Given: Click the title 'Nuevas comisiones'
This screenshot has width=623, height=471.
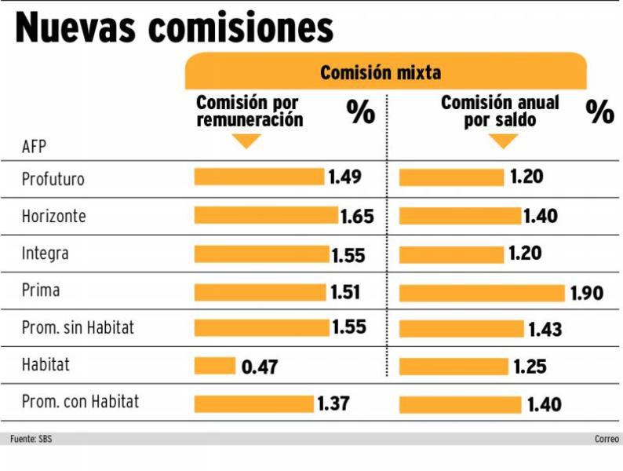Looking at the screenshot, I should coord(174,27).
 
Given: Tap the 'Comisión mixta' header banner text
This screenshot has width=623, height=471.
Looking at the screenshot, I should coord(380,73).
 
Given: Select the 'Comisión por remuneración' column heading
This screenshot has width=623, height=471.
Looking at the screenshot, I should coord(249,111).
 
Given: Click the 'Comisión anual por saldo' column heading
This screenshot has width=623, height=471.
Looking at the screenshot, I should coord(500,111).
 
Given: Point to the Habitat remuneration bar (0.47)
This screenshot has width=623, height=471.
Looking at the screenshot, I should coord(215,366).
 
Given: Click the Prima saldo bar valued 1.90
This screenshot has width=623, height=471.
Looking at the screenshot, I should coord(481,293).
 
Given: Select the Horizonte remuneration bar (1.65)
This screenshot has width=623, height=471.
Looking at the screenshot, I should coord(266,215).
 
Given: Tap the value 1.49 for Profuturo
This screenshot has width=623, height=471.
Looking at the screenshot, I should coord(345,177).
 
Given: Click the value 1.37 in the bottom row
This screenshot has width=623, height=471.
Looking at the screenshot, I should coord(333,404).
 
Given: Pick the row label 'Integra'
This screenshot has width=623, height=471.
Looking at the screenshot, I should coord(45,254).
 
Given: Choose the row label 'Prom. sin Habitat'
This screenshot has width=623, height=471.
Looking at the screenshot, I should coord(78,327).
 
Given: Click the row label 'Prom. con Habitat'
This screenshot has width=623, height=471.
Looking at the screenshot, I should coord(80,402).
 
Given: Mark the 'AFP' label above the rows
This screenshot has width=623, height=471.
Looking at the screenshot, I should coord(34,147).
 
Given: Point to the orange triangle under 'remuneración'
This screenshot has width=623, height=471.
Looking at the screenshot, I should coord(247,141).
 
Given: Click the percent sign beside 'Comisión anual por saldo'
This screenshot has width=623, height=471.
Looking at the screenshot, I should coord(600,112).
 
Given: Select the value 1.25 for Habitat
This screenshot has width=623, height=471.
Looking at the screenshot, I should coord(530,367).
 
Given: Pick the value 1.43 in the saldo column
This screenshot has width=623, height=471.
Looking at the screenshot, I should coord(545,330).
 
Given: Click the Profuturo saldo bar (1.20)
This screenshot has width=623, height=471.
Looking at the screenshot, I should coord(451,177).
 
